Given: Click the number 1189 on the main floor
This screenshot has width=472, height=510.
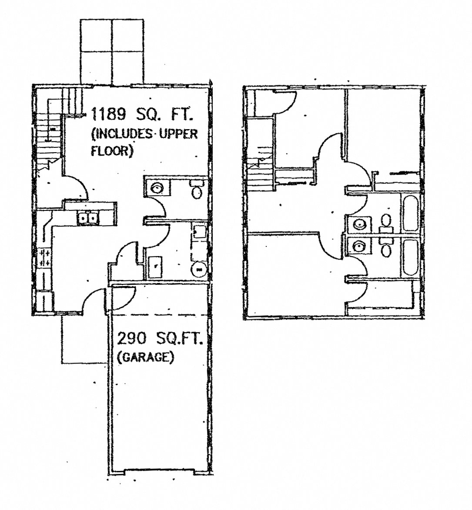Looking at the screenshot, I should [x=108, y=114].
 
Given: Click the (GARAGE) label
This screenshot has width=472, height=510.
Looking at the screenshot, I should [x=145, y=357].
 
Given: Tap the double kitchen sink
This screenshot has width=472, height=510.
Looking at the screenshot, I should [x=88, y=217].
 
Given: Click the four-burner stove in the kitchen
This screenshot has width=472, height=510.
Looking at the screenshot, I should [x=44, y=257].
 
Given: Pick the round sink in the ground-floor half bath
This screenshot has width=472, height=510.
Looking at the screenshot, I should [x=156, y=188].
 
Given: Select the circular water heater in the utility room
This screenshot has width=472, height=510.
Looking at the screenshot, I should [x=199, y=270].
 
